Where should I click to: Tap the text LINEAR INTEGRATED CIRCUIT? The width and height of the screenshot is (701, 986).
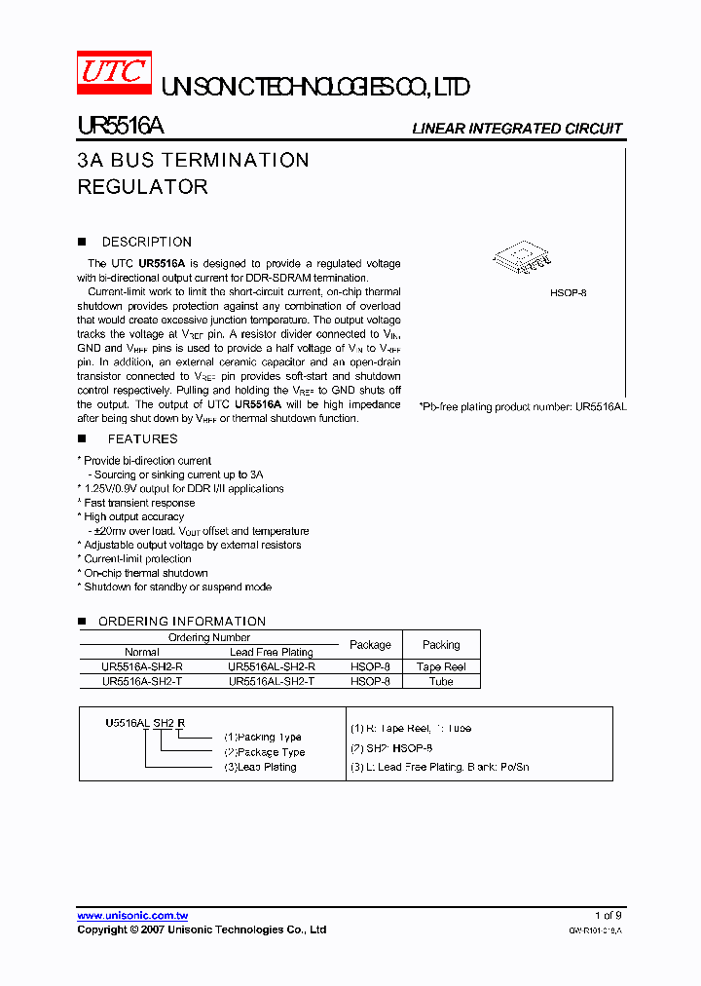pyautogui.click(x=517, y=129)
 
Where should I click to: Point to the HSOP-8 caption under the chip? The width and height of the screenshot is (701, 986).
pyautogui.click(x=568, y=292)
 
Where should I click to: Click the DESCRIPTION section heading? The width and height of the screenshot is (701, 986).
pyautogui.click(x=146, y=242)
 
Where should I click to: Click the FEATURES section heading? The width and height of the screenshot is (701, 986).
pyautogui.click(x=142, y=439)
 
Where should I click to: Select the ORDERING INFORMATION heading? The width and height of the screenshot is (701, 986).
pyautogui.click(x=181, y=621)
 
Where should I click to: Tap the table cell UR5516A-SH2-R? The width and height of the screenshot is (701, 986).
pyautogui.click(x=142, y=667)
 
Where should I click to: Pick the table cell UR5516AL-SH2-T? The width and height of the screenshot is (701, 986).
pyautogui.click(x=271, y=682)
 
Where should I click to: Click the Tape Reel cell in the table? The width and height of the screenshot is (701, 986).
pyautogui.click(x=441, y=667)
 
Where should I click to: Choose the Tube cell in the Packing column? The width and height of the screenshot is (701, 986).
pyautogui.click(x=441, y=682)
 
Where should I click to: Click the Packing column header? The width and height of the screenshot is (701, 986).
pyautogui.click(x=441, y=645)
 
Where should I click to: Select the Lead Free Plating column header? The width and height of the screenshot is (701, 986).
pyautogui.click(x=271, y=652)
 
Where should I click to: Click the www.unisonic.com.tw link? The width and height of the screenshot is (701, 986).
pyautogui.click(x=132, y=916)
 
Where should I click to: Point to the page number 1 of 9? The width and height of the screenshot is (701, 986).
pyautogui.click(x=608, y=916)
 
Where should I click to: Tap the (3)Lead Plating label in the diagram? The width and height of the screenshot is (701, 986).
pyautogui.click(x=260, y=767)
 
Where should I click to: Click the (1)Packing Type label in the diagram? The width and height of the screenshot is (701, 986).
pyautogui.click(x=262, y=738)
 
